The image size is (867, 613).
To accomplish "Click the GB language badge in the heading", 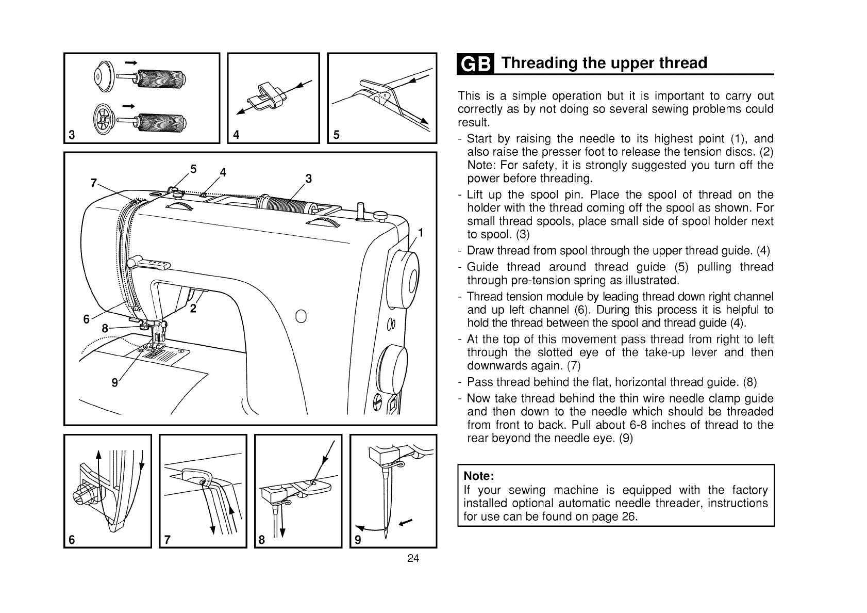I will click(x=475, y=63).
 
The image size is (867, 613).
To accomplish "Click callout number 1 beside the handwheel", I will click(x=420, y=233).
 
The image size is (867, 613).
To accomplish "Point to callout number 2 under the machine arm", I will click(x=193, y=309).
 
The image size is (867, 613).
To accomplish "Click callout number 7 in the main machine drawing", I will click(x=93, y=183).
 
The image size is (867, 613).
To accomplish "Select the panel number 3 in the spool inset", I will click(x=72, y=136).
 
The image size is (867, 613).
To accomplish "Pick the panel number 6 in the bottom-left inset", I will click(x=72, y=540).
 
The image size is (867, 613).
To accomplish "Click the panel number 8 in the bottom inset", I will click(x=262, y=540).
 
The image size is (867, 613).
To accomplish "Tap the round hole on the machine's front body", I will click(x=302, y=316).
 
